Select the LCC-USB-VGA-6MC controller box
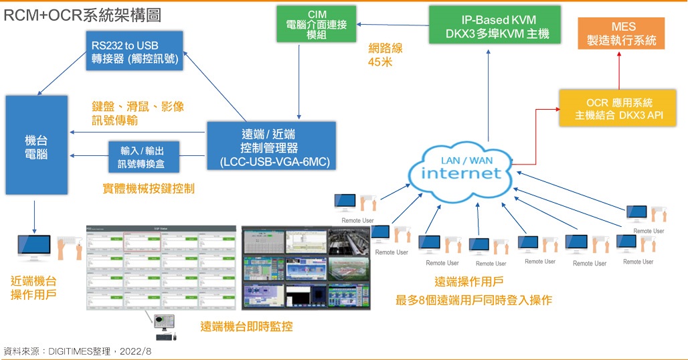270,146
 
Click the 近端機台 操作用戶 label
33,288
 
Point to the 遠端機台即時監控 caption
246,327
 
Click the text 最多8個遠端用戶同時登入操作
474,300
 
